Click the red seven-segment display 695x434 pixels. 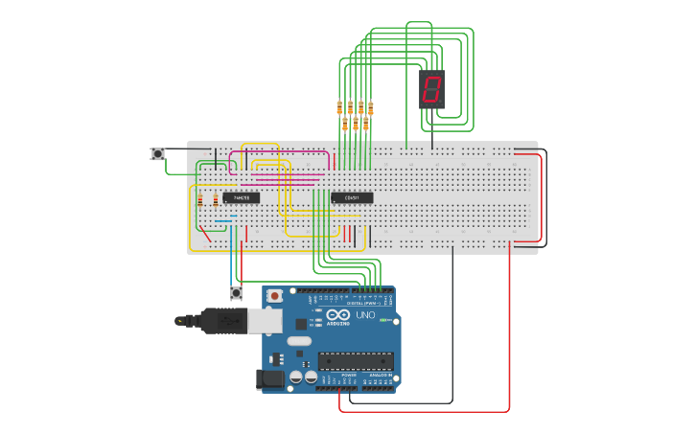click(431, 89)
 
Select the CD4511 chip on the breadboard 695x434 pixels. click(352, 198)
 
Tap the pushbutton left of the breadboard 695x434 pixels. click(158, 154)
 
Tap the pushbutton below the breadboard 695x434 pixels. click(236, 292)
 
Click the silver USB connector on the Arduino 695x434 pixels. click(265, 321)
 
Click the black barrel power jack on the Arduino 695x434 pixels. click(271, 379)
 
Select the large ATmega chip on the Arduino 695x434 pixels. click(356, 361)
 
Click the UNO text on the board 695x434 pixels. click(365, 314)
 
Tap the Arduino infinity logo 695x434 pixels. click(338, 314)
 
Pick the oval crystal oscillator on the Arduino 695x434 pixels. click(299, 340)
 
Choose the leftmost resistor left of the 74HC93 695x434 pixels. click(199, 200)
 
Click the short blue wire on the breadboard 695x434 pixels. click(222, 220)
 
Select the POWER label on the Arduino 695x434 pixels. click(336, 375)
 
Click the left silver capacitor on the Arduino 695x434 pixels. click(296, 377)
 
